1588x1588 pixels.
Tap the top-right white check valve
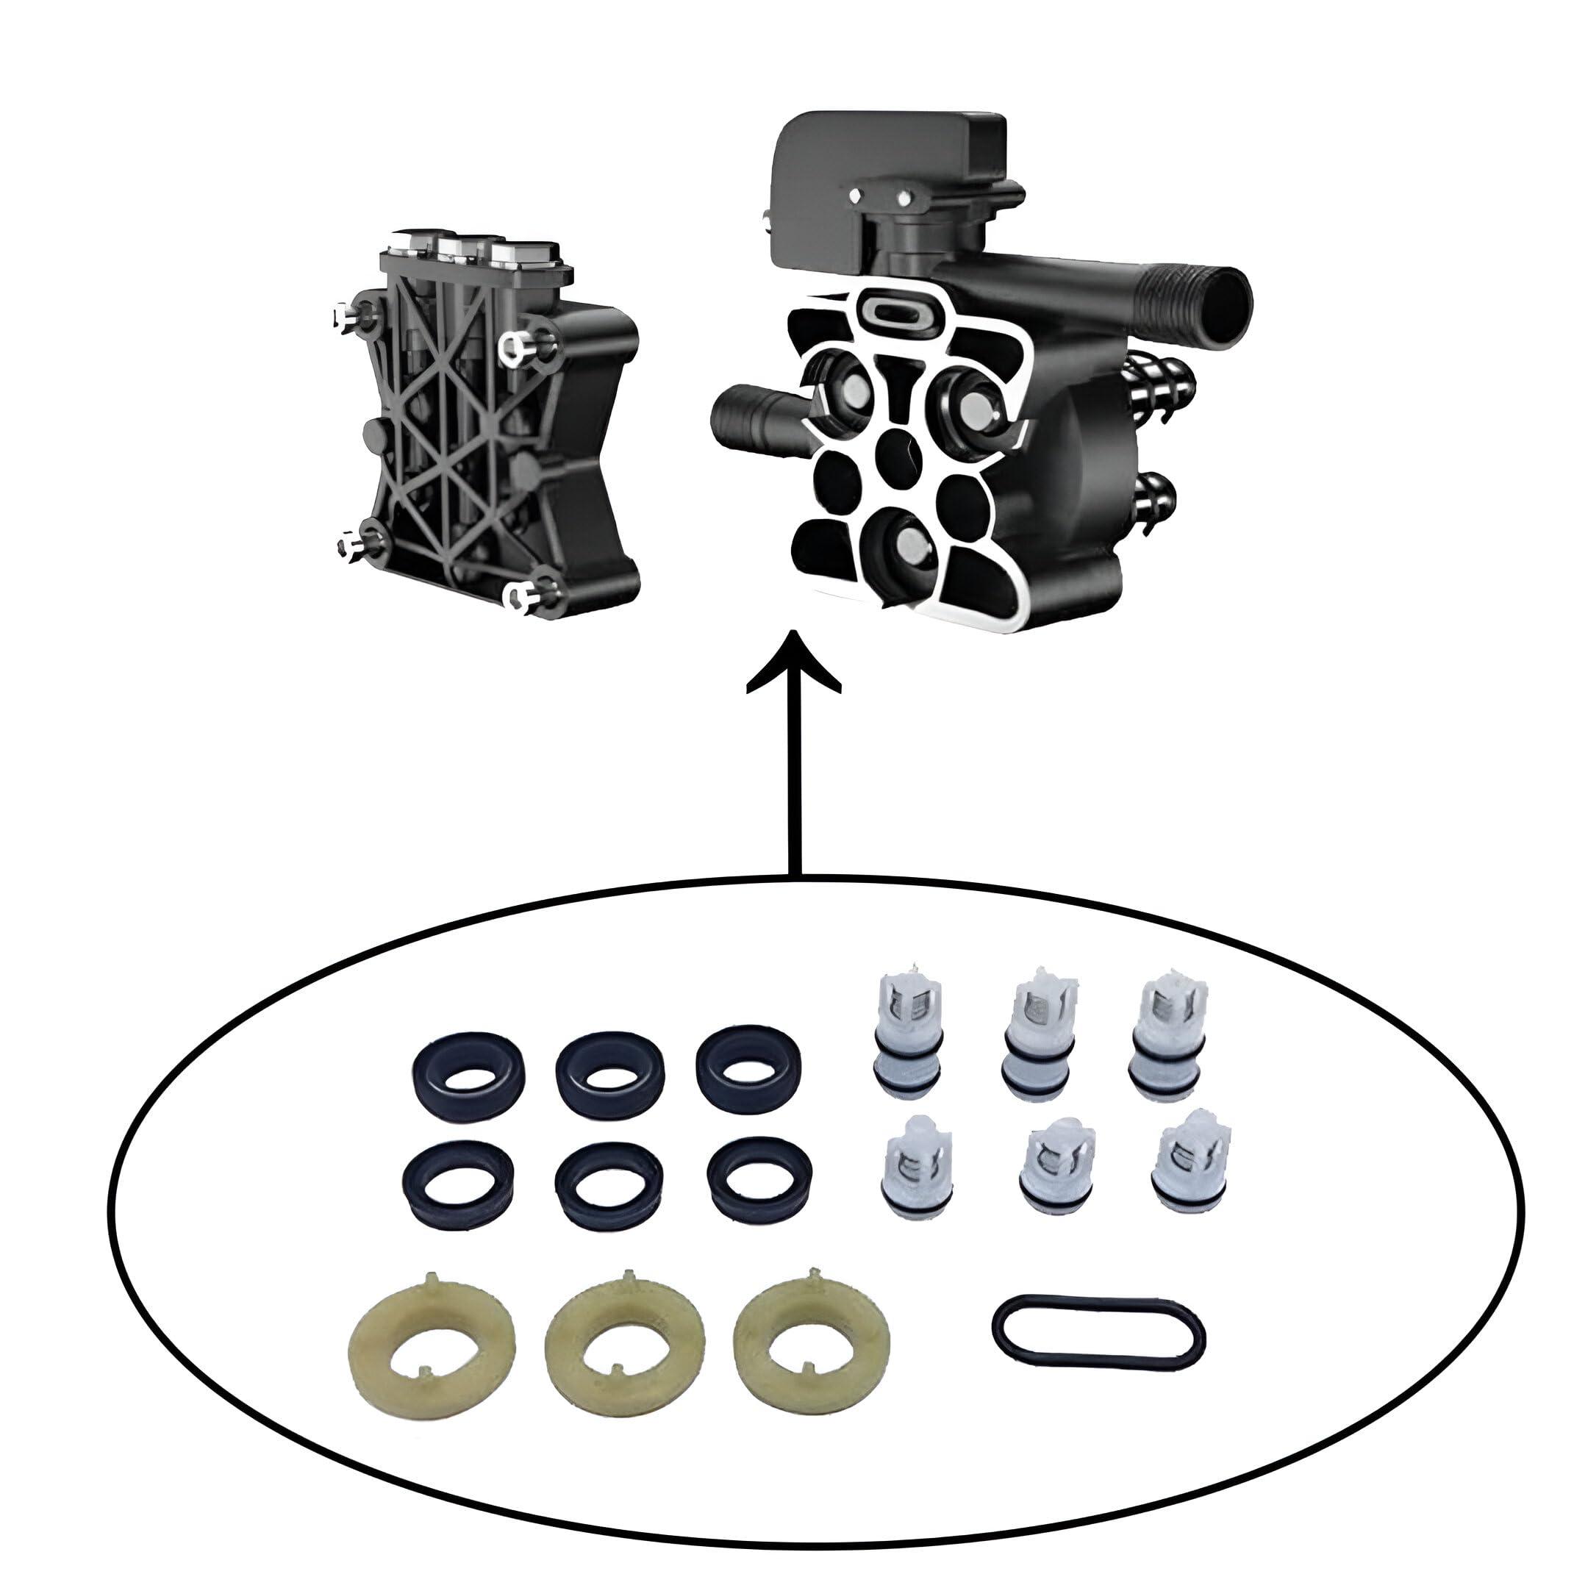pos(1167,1037)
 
